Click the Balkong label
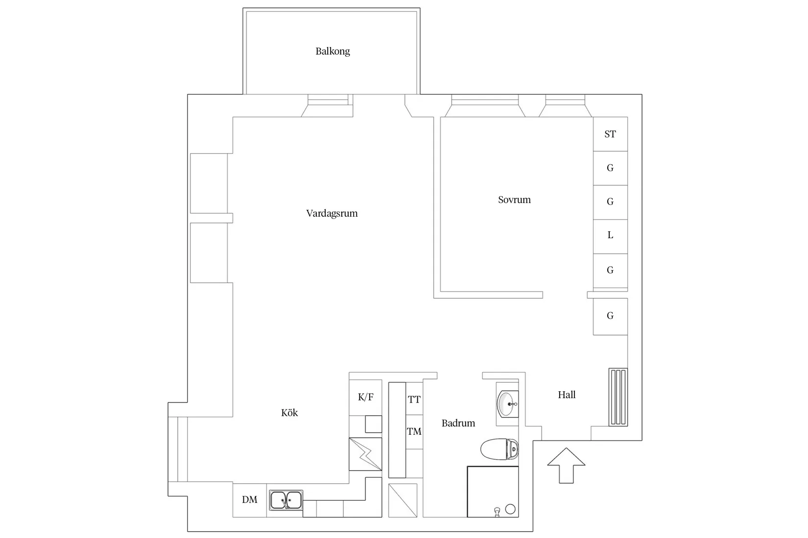(333, 51)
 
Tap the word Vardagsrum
(332, 213)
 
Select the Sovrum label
(514, 200)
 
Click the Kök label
(289, 413)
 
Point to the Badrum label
(458, 423)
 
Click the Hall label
(567, 395)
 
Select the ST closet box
(610, 134)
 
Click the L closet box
(610, 236)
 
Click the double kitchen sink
(286, 500)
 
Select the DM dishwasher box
(250, 500)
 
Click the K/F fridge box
(365, 397)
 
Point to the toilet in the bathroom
(499, 449)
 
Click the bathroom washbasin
(507, 404)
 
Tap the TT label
(414, 400)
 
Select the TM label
(414, 431)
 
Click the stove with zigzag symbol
(365, 454)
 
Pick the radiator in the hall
(618, 397)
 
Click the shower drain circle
(510, 509)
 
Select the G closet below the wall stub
(610, 316)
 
